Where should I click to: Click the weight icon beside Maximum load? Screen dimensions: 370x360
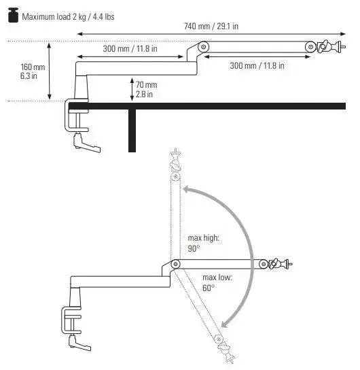[x=12, y=15]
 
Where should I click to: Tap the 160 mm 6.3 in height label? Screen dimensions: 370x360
[x=33, y=71]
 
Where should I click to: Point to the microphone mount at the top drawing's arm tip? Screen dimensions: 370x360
[x=324, y=46]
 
